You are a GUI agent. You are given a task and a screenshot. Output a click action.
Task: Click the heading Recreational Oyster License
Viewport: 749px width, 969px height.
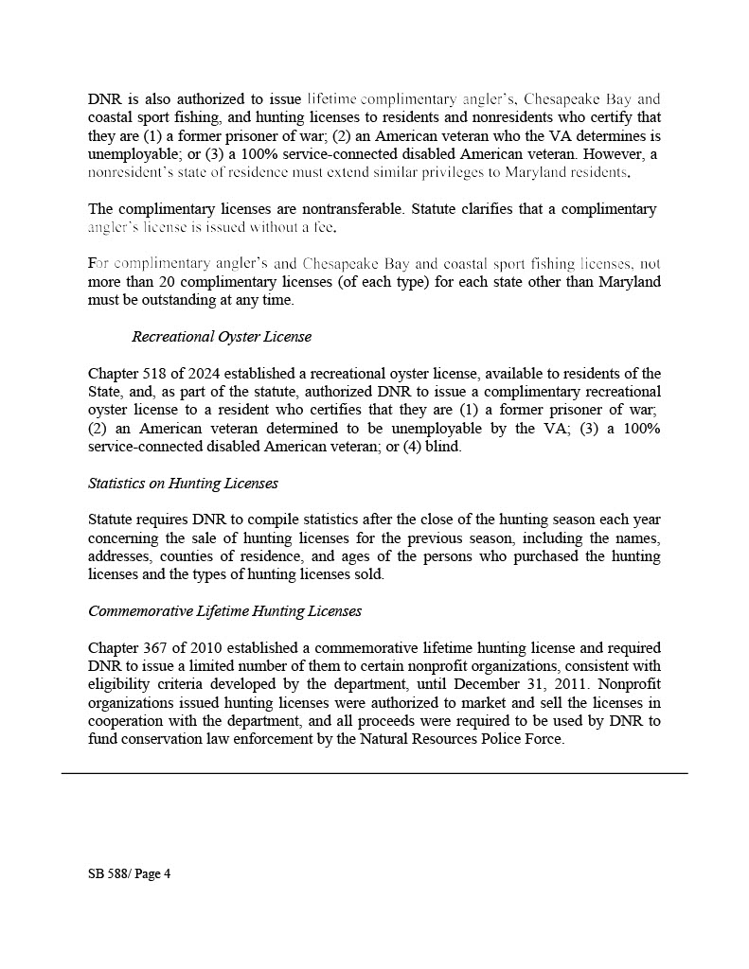222,337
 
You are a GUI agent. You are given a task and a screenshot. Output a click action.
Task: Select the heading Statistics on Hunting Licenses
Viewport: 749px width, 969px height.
183,484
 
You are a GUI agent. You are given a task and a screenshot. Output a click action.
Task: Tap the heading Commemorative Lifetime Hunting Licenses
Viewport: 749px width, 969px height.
224,611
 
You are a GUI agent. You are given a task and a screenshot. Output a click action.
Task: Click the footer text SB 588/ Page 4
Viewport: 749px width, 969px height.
129,874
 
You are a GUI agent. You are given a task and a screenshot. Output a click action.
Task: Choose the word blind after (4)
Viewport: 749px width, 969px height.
442,447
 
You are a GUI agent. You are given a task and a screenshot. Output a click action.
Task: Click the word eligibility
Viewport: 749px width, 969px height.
120,685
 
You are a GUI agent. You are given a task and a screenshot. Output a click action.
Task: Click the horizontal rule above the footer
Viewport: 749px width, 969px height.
374,773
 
